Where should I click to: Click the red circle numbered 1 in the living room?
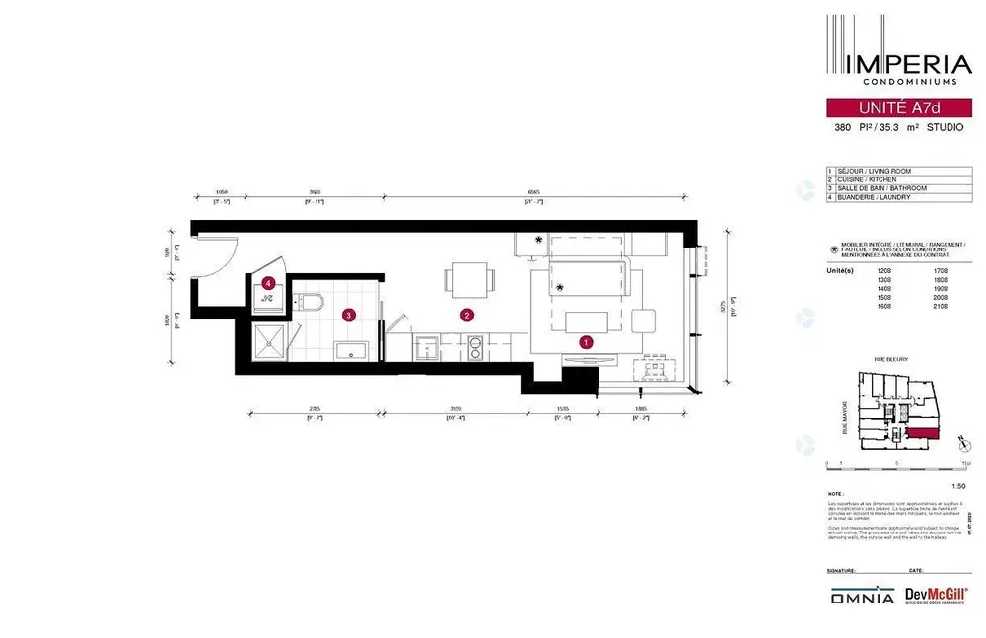coord(586,343)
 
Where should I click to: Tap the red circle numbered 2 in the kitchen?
coord(468,316)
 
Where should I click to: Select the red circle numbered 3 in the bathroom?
coord(348,316)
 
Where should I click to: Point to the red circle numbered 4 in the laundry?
coord(268,283)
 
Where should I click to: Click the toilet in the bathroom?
coord(311,301)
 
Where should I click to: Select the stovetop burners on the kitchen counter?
coord(475,346)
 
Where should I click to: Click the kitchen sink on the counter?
coord(428,346)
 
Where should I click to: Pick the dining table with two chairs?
coord(468,281)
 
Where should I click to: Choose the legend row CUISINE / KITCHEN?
coord(867,179)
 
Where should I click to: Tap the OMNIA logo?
coord(861,597)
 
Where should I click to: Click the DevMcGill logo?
coord(930,596)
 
